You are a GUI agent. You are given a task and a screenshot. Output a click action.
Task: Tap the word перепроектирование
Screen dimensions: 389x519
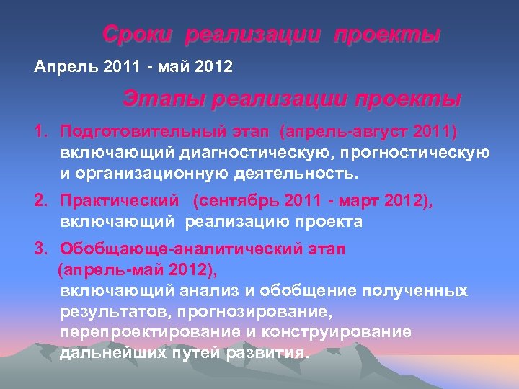142,332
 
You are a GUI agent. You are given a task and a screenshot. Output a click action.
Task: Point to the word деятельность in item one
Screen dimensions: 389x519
301,174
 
